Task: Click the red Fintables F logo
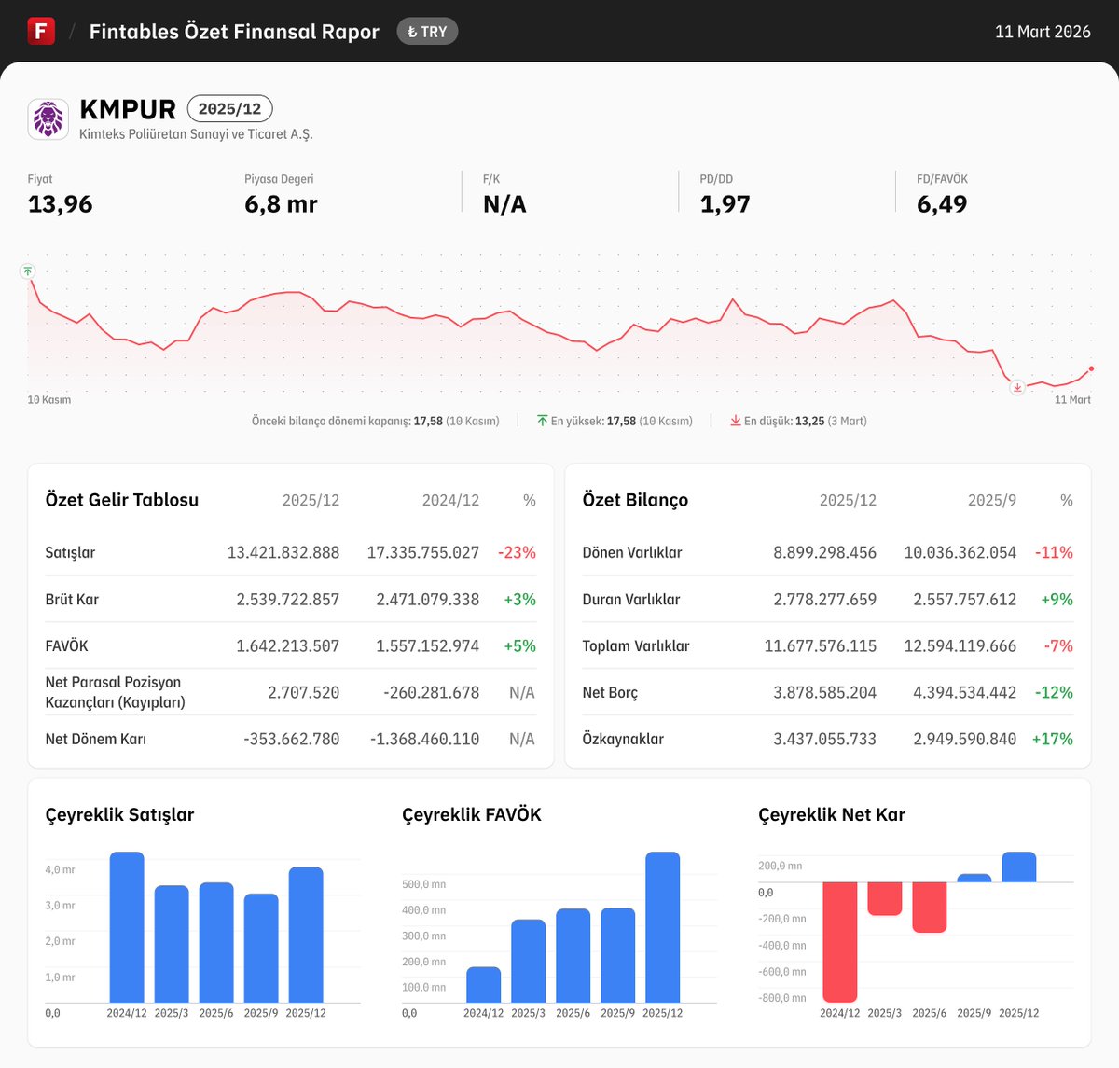[x=41, y=31]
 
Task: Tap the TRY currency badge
[x=427, y=32]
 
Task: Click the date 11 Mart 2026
[x=1042, y=32]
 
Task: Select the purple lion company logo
[x=48, y=119]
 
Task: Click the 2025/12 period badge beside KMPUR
[x=229, y=109]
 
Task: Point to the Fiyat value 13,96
[x=61, y=204]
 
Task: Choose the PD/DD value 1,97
[x=725, y=204]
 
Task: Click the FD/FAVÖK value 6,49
[x=941, y=204]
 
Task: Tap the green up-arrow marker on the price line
[x=28, y=271]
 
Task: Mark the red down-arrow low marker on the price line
[x=1017, y=387]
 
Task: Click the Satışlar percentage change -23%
[x=517, y=552]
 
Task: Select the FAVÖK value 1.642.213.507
[x=287, y=645]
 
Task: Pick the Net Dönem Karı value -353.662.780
[x=291, y=739]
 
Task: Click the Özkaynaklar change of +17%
[x=1052, y=739]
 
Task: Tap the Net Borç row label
[x=610, y=692]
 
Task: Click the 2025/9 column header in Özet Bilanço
[x=991, y=500]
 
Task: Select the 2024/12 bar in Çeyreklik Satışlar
[x=127, y=927]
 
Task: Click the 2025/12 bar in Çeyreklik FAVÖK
[x=662, y=927]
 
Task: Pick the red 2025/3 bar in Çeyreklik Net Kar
[x=885, y=898]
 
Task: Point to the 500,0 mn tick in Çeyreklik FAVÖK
[x=423, y=884]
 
